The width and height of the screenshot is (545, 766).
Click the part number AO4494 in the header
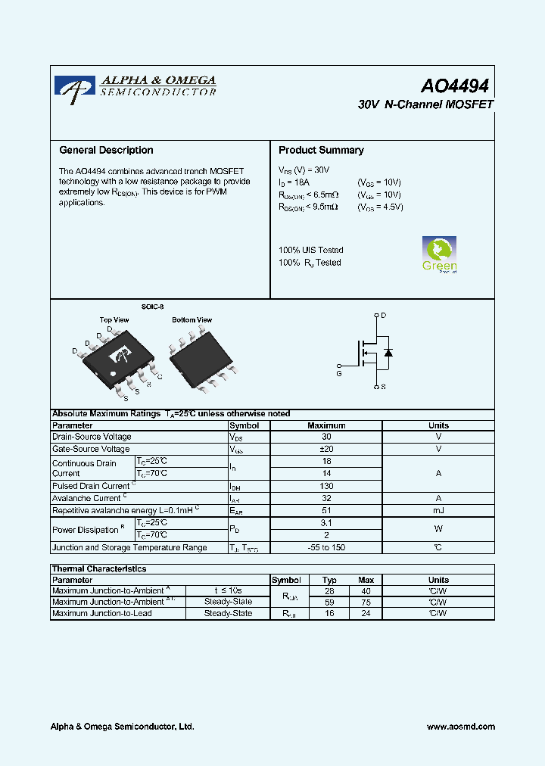[x=456, y=86]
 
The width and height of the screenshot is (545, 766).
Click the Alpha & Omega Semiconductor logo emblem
[x=74, y=87]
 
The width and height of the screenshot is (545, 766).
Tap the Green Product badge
[x=439, y=254]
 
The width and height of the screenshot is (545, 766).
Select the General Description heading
[x=106, y=151]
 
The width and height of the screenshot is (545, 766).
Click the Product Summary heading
[x=321, y=151]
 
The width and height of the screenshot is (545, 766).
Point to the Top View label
[x=114, y=320]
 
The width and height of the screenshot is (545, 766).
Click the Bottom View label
[x=192, y=320]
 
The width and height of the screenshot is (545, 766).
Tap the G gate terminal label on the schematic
[x=339, y=373]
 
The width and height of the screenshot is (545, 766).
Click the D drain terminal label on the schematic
[x=383, y=316]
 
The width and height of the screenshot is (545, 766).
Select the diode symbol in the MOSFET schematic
[x=388, y=353]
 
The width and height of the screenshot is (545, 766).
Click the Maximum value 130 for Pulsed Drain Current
[x=326, y=486]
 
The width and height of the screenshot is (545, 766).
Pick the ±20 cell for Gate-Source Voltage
[x=326, y=450]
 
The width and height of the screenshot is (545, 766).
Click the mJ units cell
[x=438, y=511]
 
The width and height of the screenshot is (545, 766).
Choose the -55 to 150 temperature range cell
[x=326, y=548]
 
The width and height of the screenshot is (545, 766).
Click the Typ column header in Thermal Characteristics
[x=329, y=580]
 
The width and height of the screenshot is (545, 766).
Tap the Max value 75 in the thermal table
[x=366, y=603]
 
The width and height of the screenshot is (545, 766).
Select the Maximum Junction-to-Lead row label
[x=102, y=614]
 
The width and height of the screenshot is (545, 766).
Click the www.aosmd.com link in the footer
[x=461, y=727]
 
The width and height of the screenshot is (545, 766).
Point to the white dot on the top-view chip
[x=114, y=373]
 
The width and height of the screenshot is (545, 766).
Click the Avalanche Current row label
[x=87, y=499]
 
